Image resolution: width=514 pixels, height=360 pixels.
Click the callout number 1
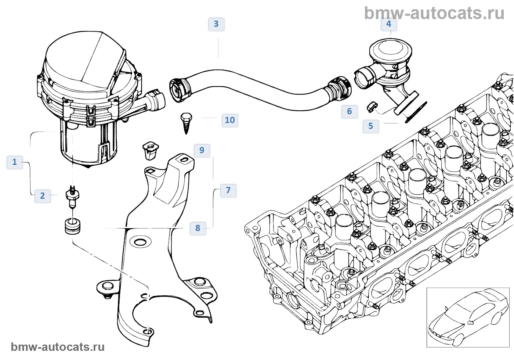pos(15,162)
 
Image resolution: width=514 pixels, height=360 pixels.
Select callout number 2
pos(43,196)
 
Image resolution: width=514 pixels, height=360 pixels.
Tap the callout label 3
pos(216,24)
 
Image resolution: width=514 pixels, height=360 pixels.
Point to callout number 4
pos(389,24)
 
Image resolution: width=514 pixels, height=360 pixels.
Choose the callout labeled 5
pos(371,126)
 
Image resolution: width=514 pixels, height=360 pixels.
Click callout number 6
pos(350,112)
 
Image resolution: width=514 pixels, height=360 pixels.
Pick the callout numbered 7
pos(228,190)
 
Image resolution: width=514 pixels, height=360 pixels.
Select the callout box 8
pos(198,228)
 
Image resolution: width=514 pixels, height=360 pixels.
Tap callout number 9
pos(202,150)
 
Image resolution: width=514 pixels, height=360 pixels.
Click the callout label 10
pos(230,120)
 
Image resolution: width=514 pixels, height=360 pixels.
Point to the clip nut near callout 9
pos(150,150)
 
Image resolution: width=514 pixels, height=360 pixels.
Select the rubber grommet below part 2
pos(72,226)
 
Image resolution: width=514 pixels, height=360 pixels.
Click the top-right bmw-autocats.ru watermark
pos(434,13)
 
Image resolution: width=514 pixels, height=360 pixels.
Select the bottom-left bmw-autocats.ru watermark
pos(58,347)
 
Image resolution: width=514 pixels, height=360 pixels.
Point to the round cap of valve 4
pos(390,48)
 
